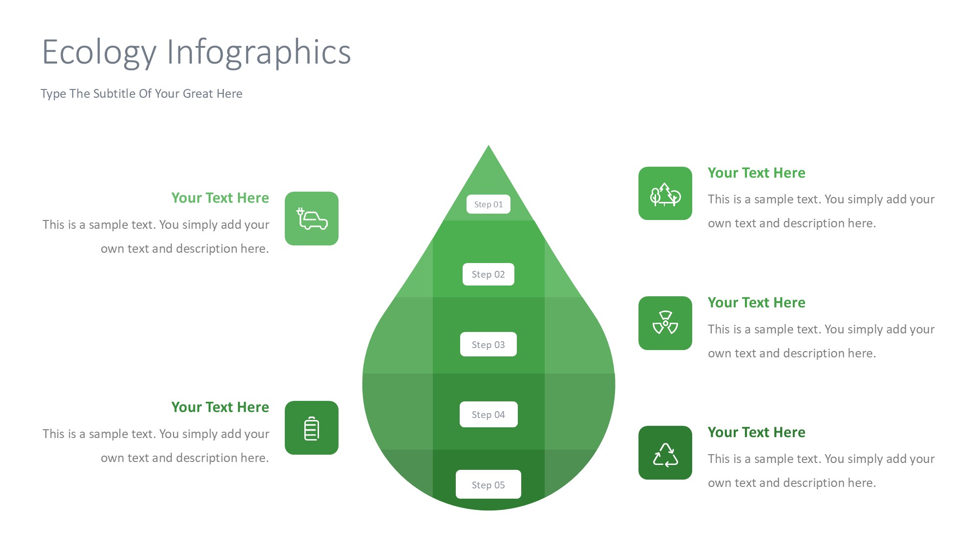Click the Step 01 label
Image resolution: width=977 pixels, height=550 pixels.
[488, 204]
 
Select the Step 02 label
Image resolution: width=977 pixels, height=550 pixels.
[488, 274]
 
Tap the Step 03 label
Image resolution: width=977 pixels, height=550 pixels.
[488, 345]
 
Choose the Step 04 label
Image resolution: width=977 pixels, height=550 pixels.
[488, 415]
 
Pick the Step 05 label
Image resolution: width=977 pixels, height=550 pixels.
[488, 484]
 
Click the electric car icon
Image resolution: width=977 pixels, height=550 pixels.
[312, 219]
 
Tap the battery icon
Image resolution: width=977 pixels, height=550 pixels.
[312, 428]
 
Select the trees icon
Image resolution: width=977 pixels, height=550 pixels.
[665, 194]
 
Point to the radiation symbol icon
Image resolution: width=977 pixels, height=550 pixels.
[665, 323]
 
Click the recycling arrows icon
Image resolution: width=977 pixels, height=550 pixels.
[665, 455]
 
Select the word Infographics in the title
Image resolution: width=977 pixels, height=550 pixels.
[259, 53]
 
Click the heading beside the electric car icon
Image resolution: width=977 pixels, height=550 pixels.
[220, 198]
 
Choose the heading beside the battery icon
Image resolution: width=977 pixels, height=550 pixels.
[220, 407]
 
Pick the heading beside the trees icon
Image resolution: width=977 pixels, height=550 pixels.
[757, 173]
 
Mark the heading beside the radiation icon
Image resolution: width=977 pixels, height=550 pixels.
[757, 303]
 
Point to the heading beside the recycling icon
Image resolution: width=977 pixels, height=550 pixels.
[757, 432]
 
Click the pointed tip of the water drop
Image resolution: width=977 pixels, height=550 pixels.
[488, 145]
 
